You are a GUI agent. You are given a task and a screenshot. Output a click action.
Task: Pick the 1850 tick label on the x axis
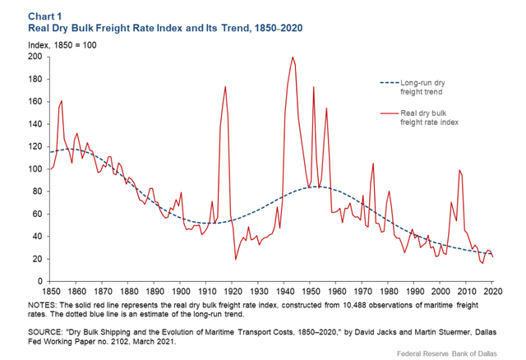(52, 291)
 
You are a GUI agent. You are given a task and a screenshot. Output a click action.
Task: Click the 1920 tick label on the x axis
(233, 291)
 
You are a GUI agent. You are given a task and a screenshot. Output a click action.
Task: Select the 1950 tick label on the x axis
(311, 291)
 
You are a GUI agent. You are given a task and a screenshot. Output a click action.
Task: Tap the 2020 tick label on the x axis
(491, 291)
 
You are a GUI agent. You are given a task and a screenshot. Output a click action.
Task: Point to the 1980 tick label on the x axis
(389, 291)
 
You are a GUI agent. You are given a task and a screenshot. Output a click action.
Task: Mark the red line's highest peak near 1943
(293, 58)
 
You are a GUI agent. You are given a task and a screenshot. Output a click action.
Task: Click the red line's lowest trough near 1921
(236, 259)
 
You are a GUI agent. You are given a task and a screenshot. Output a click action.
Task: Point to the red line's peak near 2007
(459, 170)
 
